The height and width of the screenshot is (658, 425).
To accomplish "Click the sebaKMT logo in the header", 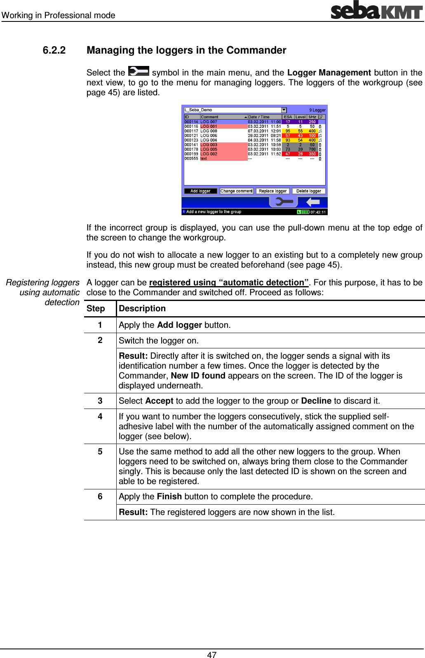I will tap(376, 10).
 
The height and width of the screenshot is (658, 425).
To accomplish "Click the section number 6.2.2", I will tap(54, 50).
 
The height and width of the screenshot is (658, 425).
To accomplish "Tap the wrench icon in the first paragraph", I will tap(139, 71).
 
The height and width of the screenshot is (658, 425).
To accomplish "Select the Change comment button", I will tap(237, 191).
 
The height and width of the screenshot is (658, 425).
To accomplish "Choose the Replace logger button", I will tap(272, 191).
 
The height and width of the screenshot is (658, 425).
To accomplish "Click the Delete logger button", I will tap(308, 191).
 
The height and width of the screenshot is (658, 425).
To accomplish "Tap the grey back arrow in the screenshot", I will tap(313, 202).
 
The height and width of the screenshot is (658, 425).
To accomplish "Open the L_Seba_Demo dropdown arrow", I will tap(284, 110).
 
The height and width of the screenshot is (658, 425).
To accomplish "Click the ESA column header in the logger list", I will tap(288, 117).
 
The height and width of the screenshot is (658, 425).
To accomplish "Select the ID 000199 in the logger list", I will tap(191, 154).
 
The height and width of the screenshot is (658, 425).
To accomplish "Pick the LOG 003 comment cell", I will tap(209, 145).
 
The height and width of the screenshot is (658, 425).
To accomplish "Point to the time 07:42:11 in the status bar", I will tap(318, 212).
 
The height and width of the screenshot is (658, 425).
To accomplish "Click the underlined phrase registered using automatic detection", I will tap(229, 282).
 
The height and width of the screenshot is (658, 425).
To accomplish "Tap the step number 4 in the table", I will tap(100, 416).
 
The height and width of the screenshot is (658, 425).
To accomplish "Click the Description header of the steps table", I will tap(142, 308).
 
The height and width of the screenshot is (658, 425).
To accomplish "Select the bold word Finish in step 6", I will tap(169, 496).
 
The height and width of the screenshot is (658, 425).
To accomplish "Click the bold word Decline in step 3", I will tap(316, 401).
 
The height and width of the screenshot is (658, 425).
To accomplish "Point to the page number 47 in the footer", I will tap(212, 654).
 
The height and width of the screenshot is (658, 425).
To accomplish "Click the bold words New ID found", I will tap(198, 376).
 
